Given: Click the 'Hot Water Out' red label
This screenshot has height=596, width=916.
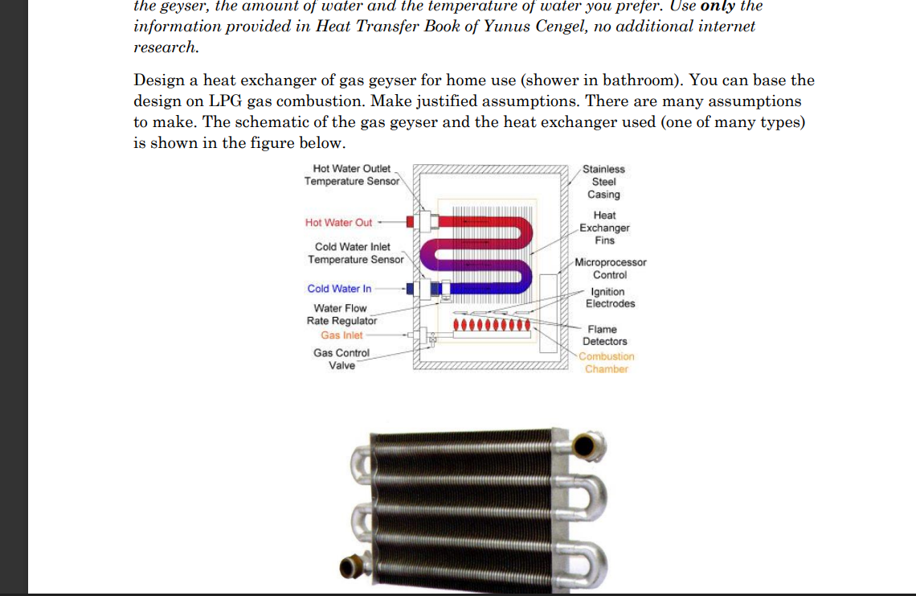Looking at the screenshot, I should (x=338, y=223).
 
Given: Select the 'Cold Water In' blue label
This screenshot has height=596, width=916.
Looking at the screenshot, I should (x=339, y=289).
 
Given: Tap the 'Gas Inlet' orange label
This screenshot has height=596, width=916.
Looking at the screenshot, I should (x=341, y=335).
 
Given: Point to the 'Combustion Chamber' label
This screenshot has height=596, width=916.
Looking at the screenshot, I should (x=606, y=363).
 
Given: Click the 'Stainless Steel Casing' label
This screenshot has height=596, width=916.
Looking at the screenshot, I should (x=603, y=182).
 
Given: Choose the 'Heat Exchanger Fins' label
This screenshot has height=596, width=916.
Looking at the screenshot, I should (x=604, y=228).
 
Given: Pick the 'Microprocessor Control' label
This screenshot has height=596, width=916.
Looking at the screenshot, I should (x=610, y=269).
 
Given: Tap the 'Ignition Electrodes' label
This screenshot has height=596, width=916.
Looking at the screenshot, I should (x=610, y=298).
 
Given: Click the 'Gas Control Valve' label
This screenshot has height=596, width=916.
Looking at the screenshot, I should (x=341, y=359).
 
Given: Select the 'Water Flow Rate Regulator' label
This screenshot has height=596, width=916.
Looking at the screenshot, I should (x=341, y=314).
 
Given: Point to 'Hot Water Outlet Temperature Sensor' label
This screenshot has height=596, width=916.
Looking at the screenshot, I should (x=351, y=175).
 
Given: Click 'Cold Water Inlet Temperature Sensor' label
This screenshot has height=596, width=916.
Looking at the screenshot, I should (x=355, y=253).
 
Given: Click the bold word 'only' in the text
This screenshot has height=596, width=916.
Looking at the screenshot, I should (x=718, y=6).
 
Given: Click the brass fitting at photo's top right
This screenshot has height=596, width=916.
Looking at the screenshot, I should (x=589, y=444).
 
